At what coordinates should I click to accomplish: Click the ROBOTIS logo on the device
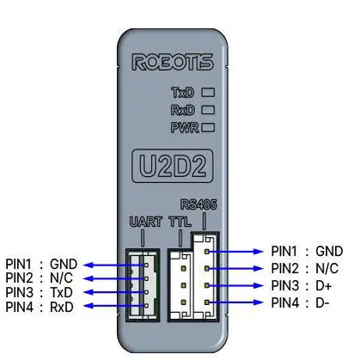pos(173,62)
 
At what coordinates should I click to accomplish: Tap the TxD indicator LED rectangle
pos(208,92)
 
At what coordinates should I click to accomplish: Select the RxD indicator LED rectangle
pos(208,110)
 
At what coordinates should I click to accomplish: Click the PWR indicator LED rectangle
pos(208,127)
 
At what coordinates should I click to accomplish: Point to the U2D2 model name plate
pos(173,166)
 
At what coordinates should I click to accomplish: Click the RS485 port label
pos(198,204)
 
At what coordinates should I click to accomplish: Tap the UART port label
pos(146,222)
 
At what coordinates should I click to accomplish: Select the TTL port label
pos(180,222)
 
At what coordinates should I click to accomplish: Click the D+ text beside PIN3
pos(324,286)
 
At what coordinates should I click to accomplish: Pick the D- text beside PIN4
pos(322,302)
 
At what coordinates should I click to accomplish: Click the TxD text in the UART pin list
pos(62,292)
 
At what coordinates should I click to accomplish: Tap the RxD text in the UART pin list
pos(62,307)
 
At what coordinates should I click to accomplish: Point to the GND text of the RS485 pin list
pos(329,252)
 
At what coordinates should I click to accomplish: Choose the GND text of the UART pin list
pos(64,264)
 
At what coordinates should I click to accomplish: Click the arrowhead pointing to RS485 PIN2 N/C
pos(259,268)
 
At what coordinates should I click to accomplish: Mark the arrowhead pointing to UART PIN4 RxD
pos(88,306)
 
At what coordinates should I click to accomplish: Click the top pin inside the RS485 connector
pos(206,252)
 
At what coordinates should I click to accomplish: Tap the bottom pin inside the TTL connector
pos(184,302)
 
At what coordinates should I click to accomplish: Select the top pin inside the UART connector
pos(146,265)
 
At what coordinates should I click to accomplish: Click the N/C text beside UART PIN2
pos(61,278)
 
